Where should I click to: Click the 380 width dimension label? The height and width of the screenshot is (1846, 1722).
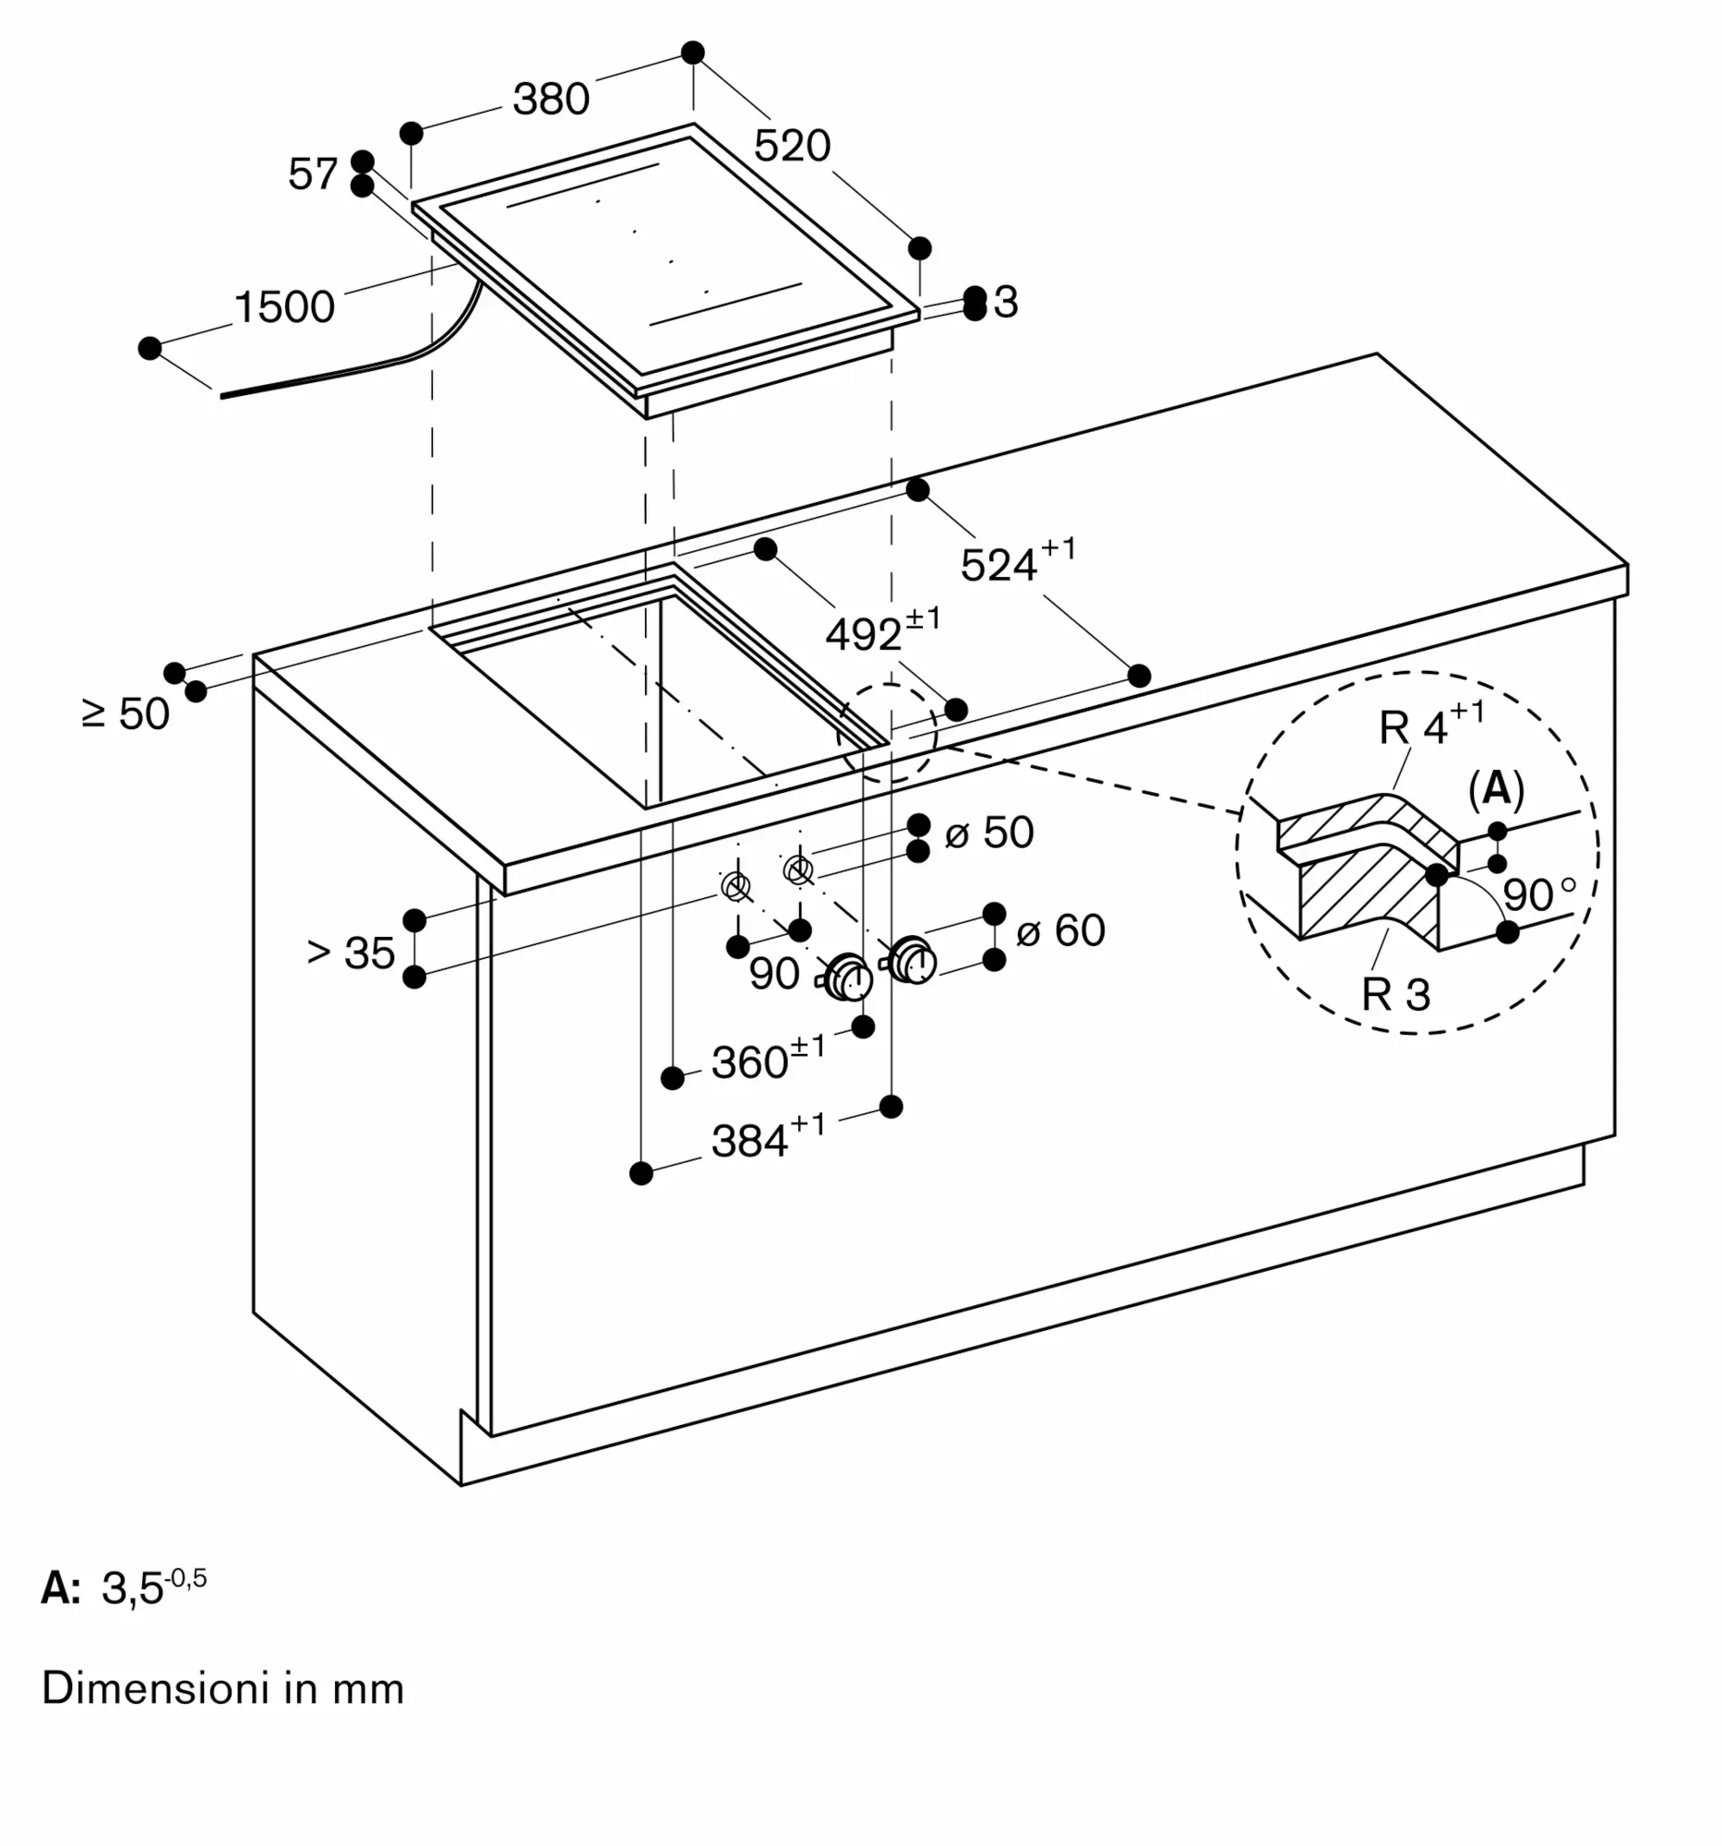[552, 100]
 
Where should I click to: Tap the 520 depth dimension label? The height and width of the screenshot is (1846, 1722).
[792, 146]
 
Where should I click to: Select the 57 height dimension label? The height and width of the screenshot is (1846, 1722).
[313, 174]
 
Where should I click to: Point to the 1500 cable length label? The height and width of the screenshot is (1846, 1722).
[284, 307]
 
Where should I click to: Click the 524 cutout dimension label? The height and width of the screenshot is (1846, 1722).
[1019, 560]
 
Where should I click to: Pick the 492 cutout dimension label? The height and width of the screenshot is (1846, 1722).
[883, 629]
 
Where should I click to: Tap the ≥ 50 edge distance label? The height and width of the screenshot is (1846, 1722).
[126, 713]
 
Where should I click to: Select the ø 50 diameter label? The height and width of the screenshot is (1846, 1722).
[989, 832]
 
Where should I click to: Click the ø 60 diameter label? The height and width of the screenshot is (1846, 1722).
[1061, 930]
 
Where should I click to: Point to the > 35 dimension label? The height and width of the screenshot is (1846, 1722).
[351, 953]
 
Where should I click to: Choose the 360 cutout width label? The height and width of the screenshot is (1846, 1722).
[768, 1058]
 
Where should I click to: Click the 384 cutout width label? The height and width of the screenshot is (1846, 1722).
[768, 1136]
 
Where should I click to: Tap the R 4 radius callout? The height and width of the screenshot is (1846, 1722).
[1431, 725]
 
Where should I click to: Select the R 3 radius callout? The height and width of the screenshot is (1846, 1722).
[1396, 994]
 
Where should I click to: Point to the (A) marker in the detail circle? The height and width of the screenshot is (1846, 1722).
[1497, 789]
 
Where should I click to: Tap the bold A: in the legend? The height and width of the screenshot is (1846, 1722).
[61, 1588]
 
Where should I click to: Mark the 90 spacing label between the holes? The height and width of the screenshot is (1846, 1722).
[774, 974]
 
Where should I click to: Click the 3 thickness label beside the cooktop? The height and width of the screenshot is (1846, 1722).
[1005, 303]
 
